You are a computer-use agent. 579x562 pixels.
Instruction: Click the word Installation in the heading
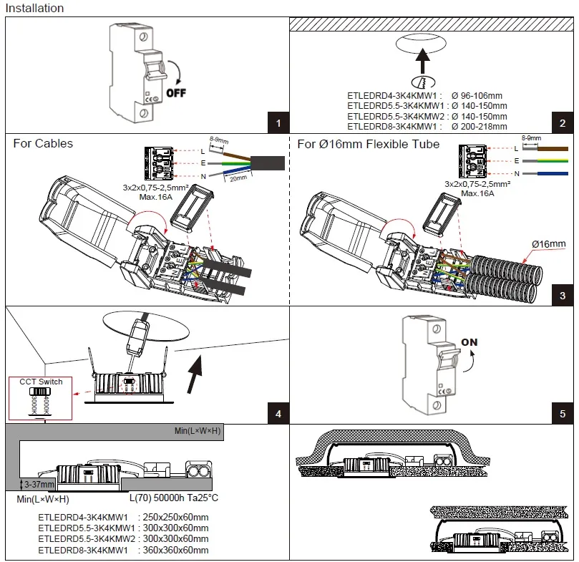35,9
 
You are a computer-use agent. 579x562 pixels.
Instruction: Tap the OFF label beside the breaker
177,92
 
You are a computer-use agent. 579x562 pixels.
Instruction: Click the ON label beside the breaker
469,342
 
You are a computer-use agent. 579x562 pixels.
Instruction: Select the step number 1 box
278,123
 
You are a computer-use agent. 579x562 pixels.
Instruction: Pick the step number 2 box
563,123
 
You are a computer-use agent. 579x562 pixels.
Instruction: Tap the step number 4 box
278,414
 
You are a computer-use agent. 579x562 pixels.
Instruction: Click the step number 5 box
563,414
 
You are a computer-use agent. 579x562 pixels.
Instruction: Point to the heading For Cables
43,144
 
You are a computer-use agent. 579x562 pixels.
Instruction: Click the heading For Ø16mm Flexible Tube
369,144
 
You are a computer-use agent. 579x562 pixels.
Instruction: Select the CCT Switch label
42,382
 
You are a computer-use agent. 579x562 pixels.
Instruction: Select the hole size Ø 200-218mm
479,126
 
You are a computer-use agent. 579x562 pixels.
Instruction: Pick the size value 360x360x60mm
177,550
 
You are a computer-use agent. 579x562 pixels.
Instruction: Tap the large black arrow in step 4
193,372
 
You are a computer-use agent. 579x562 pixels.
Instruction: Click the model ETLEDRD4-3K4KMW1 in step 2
389,95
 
